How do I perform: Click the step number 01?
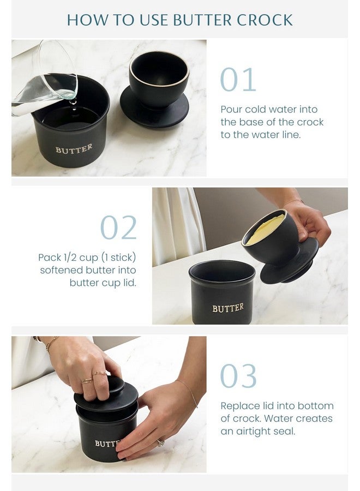(238, 80)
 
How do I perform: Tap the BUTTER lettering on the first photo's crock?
(74, 149)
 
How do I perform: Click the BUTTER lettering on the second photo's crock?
(227, 308)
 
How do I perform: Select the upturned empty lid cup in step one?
(159, 82)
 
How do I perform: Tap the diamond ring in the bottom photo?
(160, 443)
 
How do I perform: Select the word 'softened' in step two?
(61, 270)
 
